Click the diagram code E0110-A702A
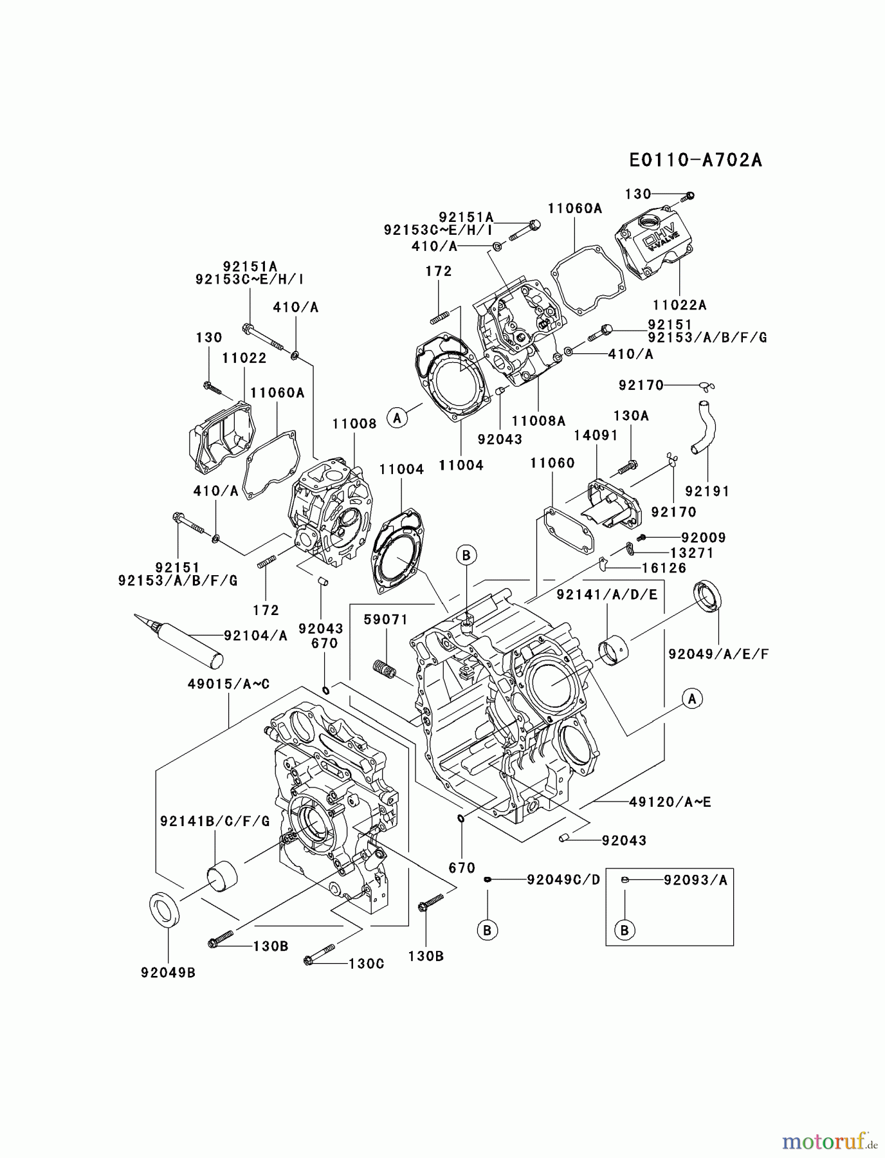695,160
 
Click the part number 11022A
679,305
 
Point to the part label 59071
386,620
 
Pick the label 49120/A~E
670,802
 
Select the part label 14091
596,436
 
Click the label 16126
663,568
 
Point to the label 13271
691,553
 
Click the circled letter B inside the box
624,930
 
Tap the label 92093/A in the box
695,880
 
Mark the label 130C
366,963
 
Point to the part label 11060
552,463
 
